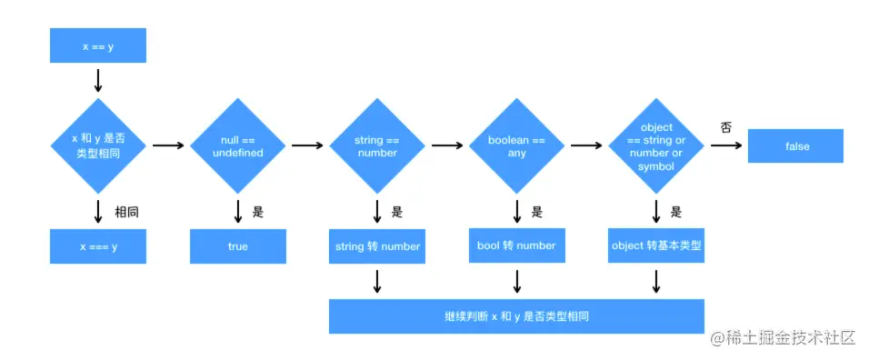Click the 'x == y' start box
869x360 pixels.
click(98, 46)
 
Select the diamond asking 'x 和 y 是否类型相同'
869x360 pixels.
click(98, 145)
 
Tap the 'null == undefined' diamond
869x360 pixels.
click(238, 145)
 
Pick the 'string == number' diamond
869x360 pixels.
click(376, 145)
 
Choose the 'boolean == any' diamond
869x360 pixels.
click(516, 145)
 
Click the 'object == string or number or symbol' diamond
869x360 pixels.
click(656, 145)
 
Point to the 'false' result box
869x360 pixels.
click(795, 145)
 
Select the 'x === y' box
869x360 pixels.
click(98, 245)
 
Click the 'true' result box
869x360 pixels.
click(238, 245)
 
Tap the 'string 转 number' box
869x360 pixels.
click(376, 245)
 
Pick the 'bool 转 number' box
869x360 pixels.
click(516, 245)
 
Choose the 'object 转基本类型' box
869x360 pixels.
click(656, 245)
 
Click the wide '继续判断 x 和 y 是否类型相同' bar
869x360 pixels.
click(516, 315)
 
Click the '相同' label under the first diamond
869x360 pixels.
click(126, 212)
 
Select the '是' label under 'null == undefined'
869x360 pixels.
click(258, 212)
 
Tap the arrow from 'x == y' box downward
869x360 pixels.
click(98, 80)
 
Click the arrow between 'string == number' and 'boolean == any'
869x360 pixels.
click(446, 145)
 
